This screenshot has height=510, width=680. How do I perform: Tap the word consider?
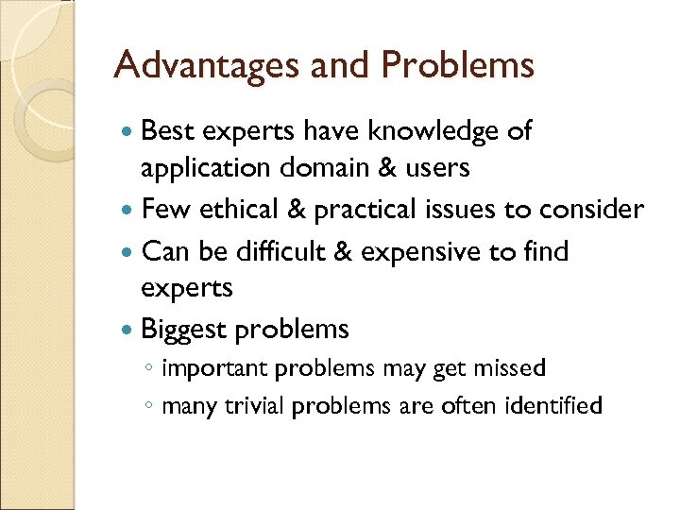coord(588,209)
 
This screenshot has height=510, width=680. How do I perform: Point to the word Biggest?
coord(183,329)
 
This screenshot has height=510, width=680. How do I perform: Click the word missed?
coord(510,367)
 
